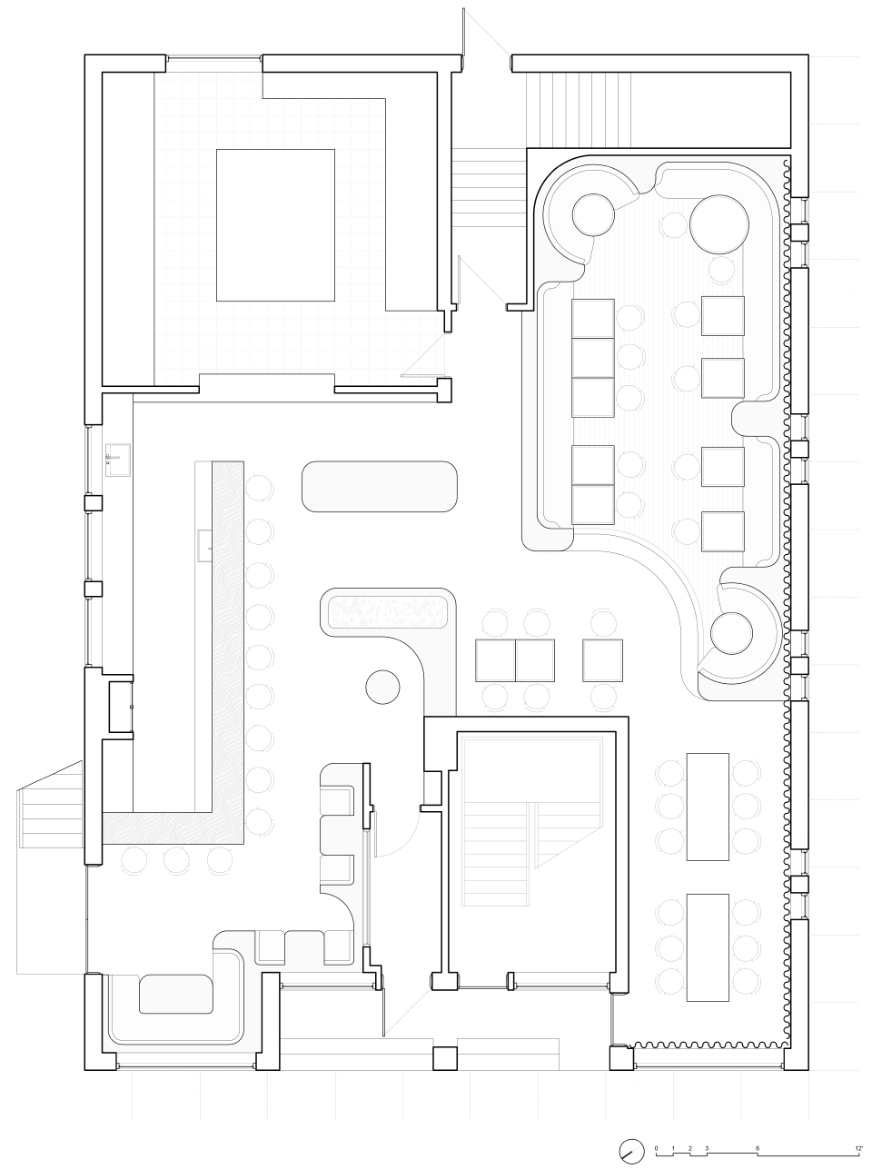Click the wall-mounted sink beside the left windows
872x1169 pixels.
(118, 460)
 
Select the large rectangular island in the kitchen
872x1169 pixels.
(275, 225)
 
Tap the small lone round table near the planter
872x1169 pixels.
(382, 687)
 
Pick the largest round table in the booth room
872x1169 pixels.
(719, 224)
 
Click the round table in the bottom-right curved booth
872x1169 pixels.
(732, 634)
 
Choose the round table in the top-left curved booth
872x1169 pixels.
(593, 214)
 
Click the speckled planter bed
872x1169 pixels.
(388, 612)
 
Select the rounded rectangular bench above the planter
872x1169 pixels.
(380, 486)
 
